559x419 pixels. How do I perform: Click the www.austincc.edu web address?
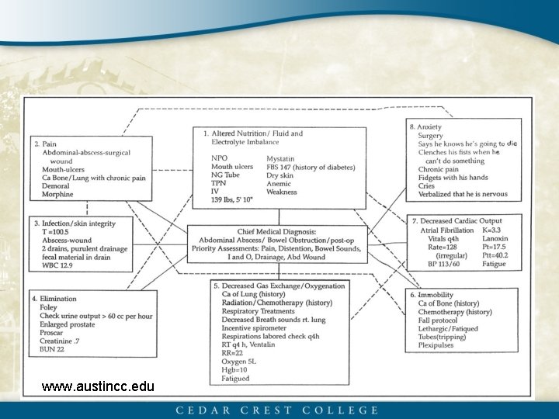[98, 386]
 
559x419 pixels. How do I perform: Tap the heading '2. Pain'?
[45, 144]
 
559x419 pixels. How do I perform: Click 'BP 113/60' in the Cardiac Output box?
[438, 265]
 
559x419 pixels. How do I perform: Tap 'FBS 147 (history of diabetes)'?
[311, 167]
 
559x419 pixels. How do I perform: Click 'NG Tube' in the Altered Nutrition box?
[227, 175]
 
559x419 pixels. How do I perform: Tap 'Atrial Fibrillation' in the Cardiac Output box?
[447, 230]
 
